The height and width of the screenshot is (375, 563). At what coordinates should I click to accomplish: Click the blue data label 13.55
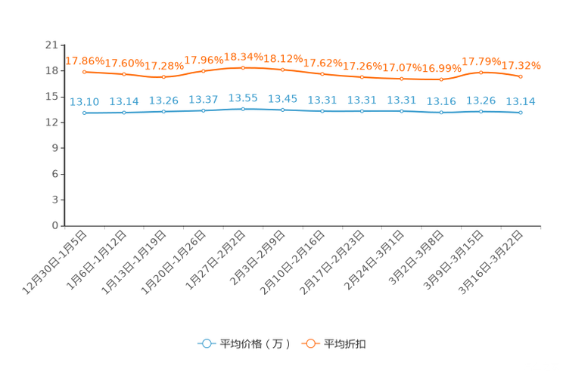[x=243, y=98]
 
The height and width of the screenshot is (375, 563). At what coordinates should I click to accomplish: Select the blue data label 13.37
[x=203, y=100]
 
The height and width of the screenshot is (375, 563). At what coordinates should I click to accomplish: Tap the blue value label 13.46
[x=282, y=99]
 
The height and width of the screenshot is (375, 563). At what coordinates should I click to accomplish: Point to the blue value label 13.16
[x=441, y=101]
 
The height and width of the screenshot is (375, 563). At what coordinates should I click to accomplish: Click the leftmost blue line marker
[x=84, y=113]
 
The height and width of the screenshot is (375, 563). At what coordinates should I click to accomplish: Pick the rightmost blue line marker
[x=521, y=113]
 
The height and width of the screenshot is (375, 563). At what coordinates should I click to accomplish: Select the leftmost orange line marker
[x=84, y=72]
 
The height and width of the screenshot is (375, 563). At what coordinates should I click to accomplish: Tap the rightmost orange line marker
[x=521, y=76]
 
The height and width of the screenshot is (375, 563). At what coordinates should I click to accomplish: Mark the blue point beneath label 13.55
[x=243, y=109]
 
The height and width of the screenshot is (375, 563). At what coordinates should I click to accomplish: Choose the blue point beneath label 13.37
[x=203, y=110]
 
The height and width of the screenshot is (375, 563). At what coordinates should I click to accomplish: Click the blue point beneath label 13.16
[x=441, y=113]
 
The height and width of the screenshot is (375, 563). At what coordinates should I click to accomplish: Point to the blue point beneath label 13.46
[x=282, y=110]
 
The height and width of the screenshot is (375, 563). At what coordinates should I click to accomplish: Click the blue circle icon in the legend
[x=206, y=343]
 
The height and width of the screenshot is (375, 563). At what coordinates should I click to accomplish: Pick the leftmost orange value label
[x=84, y=60]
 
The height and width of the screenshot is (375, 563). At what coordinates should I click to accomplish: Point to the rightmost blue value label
[x=521, y=101]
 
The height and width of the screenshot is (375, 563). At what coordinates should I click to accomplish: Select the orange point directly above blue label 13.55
[x=243, y=67]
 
